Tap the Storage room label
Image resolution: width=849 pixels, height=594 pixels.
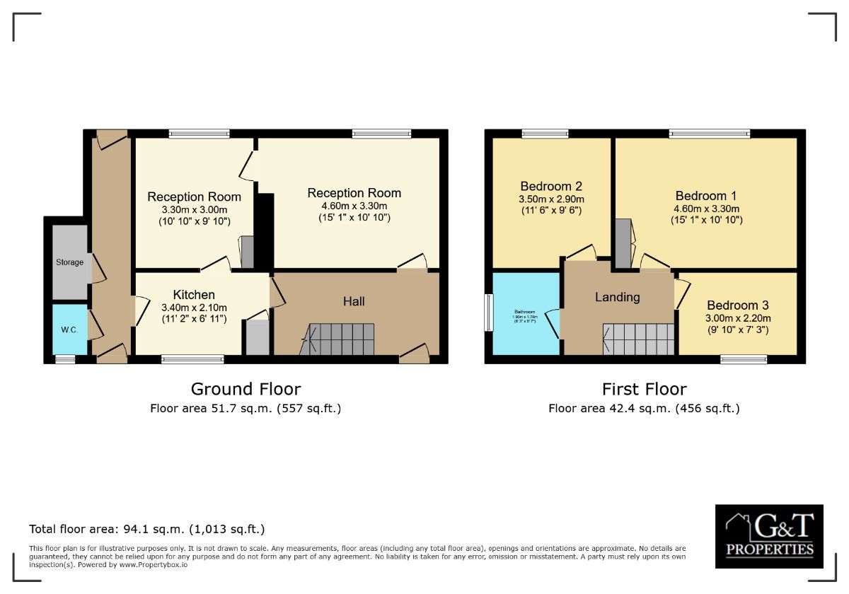(70, 262)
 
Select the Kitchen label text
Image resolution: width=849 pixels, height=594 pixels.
(194, 295)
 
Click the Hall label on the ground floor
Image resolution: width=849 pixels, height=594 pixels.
(354, 301)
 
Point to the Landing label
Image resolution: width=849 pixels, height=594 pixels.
(617, 297)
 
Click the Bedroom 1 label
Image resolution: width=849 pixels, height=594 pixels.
(700, 196)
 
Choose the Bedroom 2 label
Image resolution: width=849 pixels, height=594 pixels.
(551, 186)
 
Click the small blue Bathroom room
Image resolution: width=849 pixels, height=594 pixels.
(524, 315)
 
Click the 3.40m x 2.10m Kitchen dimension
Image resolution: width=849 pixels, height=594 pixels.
(194, 308)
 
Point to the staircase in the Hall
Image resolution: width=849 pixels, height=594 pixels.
(337, 339)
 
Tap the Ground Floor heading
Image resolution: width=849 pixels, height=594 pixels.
(246, 389)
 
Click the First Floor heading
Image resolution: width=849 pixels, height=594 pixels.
(644, 389)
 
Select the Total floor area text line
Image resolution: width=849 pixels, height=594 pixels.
(147, 529)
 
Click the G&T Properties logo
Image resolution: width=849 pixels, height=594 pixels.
(769, 536)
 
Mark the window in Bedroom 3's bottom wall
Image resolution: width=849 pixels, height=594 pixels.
(743, 359)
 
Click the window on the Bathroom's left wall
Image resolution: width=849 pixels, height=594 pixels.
(488, 312)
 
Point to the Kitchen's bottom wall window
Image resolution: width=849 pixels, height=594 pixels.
(192, 359)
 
